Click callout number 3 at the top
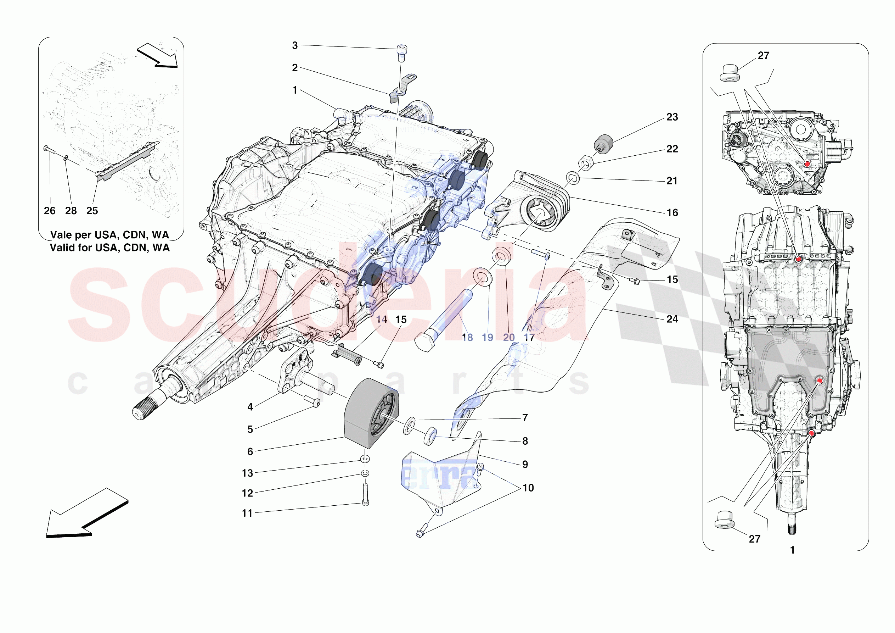tap(295, 46)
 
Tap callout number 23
tap(672, 117)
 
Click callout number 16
tap(672, 213)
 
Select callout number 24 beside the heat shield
tap(672, 319)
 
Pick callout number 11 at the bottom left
tap(247, 513)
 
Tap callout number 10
tap(528, 488)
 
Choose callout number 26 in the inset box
tap(50, 211)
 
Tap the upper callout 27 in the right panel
tap(763, 56)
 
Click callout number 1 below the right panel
tap(792, 550)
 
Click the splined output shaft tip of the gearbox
tap(141, 412)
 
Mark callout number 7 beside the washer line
tap(525, 418)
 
